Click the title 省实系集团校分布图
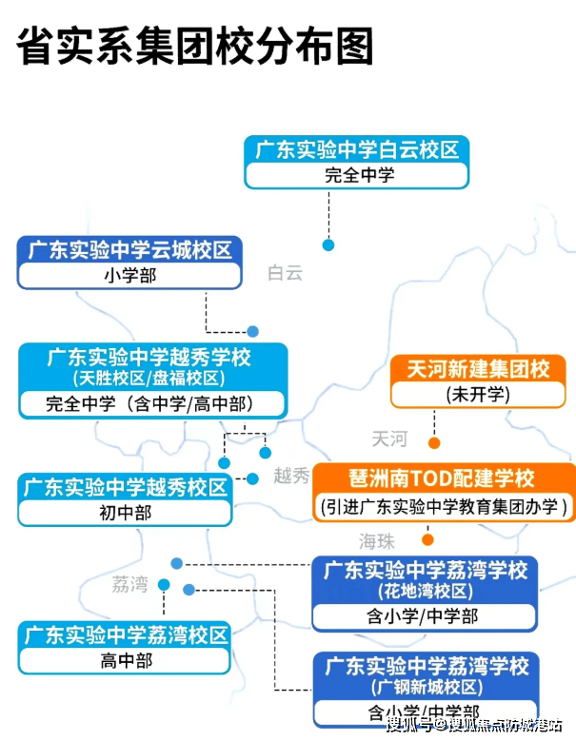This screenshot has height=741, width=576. (x=194, y=46)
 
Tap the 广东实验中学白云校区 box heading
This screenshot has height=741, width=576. (x=356, y=149)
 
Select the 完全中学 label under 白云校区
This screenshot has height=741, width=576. (x=356, y=175)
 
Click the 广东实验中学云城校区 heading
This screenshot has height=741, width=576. (x=129, y=251)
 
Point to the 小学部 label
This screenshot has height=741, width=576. (x=129, y=276)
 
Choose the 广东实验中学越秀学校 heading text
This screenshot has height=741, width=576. (x=152, y=358)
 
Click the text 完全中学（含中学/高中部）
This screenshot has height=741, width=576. (x=152, y=403)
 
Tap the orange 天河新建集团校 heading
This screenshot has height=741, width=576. (x=478, y=369)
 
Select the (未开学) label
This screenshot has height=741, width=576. (x=478, y=393)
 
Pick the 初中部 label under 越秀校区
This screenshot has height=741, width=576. (x=126, y=512)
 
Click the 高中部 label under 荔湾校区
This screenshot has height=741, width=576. (x=126, y=660)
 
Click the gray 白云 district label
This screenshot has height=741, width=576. (x=285, y=274)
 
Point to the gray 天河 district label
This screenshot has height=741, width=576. (x=388, y=439)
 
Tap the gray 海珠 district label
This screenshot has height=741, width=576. (x=376, y=541)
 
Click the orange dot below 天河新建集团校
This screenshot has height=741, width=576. (x=434, y=443)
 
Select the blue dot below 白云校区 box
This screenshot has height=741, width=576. (x=328, y=244)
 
